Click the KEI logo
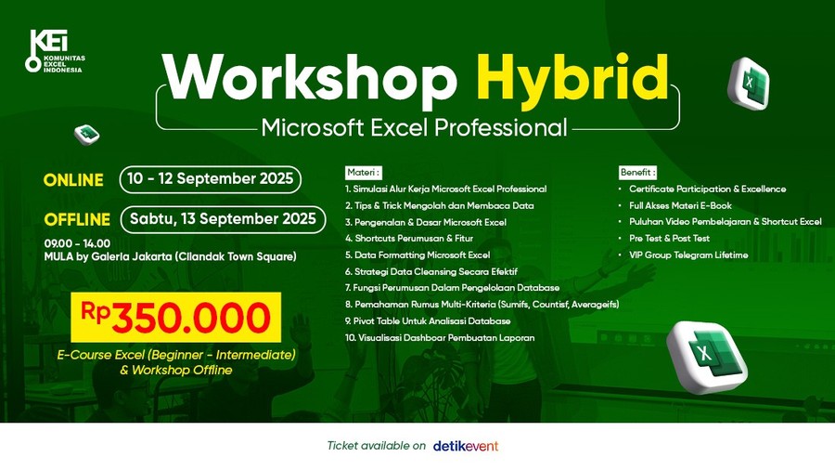tap(55, 51)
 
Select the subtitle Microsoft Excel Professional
tap(415, 128)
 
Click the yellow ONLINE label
tap(73, 180)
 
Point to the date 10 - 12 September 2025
tap(211, 179)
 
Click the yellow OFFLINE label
tap(77, 219)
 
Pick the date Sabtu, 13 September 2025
tap(223, 219)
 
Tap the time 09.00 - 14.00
tap(77, 243)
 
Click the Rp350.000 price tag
tap(175, 317)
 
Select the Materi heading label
tap(364, 172)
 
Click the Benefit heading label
tap(637, 172)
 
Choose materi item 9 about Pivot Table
tap(428, 320)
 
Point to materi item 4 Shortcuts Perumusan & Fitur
tap(409, 238)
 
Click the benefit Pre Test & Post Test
tap(669, 238)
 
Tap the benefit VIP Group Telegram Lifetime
tap(688, 255)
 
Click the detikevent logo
tap(466, 446)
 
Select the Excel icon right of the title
tap(749, 84)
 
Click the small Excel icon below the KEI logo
tap(87, 134)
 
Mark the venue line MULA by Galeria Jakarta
tap(171, 256)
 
